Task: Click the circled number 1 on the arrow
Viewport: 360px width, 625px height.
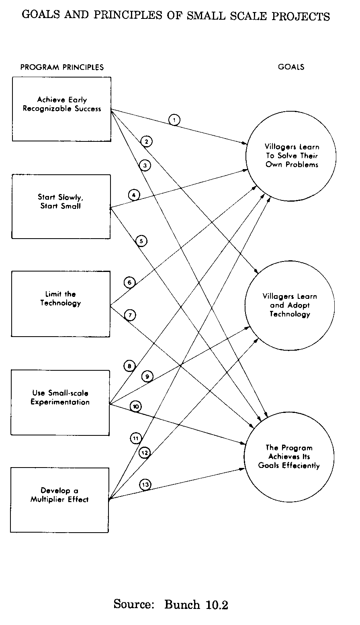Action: coord(174,120)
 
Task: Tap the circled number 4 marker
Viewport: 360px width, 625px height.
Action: coord(134,195)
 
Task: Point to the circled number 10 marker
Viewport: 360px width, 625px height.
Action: coord(136,407)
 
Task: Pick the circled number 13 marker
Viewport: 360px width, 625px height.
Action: coord(145,485)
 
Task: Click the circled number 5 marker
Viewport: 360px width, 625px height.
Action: coord(141,241)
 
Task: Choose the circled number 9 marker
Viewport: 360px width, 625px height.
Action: coord(147,377)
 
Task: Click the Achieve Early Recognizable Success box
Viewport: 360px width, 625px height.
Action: coord(61,109)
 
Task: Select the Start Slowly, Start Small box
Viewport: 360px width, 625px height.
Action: coord(61,206)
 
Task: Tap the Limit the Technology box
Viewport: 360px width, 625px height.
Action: coord(61,304)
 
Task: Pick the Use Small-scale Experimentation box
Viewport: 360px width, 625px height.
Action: coord(60,402)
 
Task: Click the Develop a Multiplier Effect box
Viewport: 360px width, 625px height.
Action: coord(59,500)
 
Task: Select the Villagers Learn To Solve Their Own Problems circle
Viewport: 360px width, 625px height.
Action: coord(291,155)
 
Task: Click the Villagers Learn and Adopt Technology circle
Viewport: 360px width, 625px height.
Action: coord(290,305)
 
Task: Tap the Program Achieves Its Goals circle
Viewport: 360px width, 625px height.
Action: coord(289,457)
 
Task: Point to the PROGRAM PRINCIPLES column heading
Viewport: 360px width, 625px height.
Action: coord(62,67)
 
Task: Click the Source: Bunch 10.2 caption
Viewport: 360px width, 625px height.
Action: coord(171,604)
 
